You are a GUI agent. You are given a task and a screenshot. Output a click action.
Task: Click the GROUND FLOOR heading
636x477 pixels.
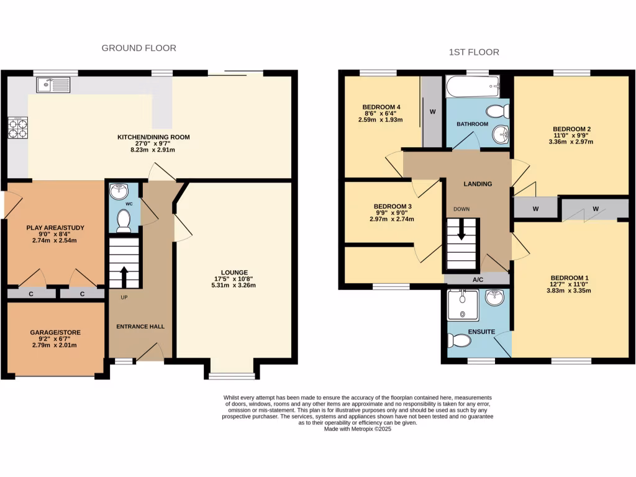click(139, 48)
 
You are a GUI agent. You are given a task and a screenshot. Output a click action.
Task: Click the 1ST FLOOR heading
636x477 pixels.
click(474, 52)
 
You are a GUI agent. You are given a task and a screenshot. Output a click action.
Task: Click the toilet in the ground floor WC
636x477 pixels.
click(124, 220)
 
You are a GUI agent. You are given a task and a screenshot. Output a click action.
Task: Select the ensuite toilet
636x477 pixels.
click(460, 340)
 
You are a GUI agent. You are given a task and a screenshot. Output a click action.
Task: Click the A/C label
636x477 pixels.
click(478, 280)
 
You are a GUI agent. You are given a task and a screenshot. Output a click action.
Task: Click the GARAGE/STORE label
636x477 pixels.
click(55, 332)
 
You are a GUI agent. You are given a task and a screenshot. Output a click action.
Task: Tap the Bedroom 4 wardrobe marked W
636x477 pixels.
click(432, 112)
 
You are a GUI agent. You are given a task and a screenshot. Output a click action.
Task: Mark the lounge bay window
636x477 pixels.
click(232, 375)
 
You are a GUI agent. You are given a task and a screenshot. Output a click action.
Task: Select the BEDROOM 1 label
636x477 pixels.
click(568, 278)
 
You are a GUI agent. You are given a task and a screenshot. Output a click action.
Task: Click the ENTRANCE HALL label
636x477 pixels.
click(140, 326)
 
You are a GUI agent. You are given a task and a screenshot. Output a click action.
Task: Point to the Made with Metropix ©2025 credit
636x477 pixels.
click(357, 429)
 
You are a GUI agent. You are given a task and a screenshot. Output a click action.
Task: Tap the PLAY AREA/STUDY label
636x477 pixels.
click(55, 228)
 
